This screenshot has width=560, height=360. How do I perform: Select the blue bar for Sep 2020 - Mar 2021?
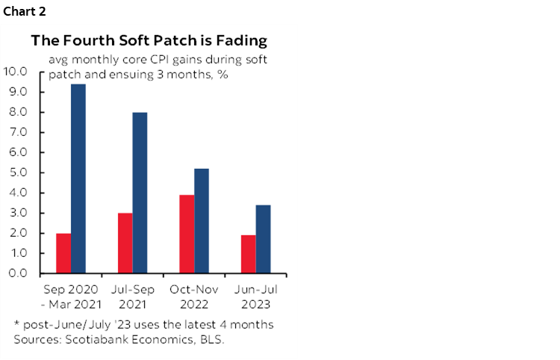78,179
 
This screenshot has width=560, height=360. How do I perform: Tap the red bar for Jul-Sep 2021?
125,243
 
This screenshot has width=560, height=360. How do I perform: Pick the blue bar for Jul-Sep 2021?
140,193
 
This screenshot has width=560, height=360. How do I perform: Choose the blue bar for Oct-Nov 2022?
201,221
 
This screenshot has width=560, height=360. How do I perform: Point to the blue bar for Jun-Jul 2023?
262,239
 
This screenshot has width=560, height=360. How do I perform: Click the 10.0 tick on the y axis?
16,72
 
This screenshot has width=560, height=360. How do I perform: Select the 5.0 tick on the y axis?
18,173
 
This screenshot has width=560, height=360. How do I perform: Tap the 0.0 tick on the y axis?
18,273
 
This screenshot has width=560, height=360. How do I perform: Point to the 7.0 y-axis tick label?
18,132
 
